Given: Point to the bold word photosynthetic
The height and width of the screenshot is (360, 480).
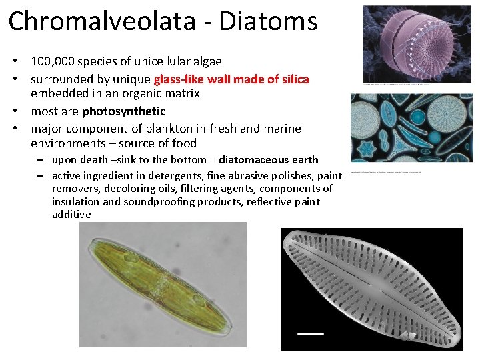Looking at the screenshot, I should pos(123,111).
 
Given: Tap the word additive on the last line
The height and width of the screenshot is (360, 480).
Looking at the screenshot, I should pos(71,215).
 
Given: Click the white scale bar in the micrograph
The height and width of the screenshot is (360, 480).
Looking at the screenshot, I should pos(310,332).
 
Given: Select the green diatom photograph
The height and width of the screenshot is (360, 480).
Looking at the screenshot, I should pos(163,285).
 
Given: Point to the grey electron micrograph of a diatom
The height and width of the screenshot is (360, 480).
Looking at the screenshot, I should pos(371,289).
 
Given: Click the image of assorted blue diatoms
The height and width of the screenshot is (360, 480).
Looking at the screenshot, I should pos(411,127).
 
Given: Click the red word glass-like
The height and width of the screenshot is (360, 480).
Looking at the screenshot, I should pos(181,79).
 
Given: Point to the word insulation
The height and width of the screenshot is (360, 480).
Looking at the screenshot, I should pos(77,202).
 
